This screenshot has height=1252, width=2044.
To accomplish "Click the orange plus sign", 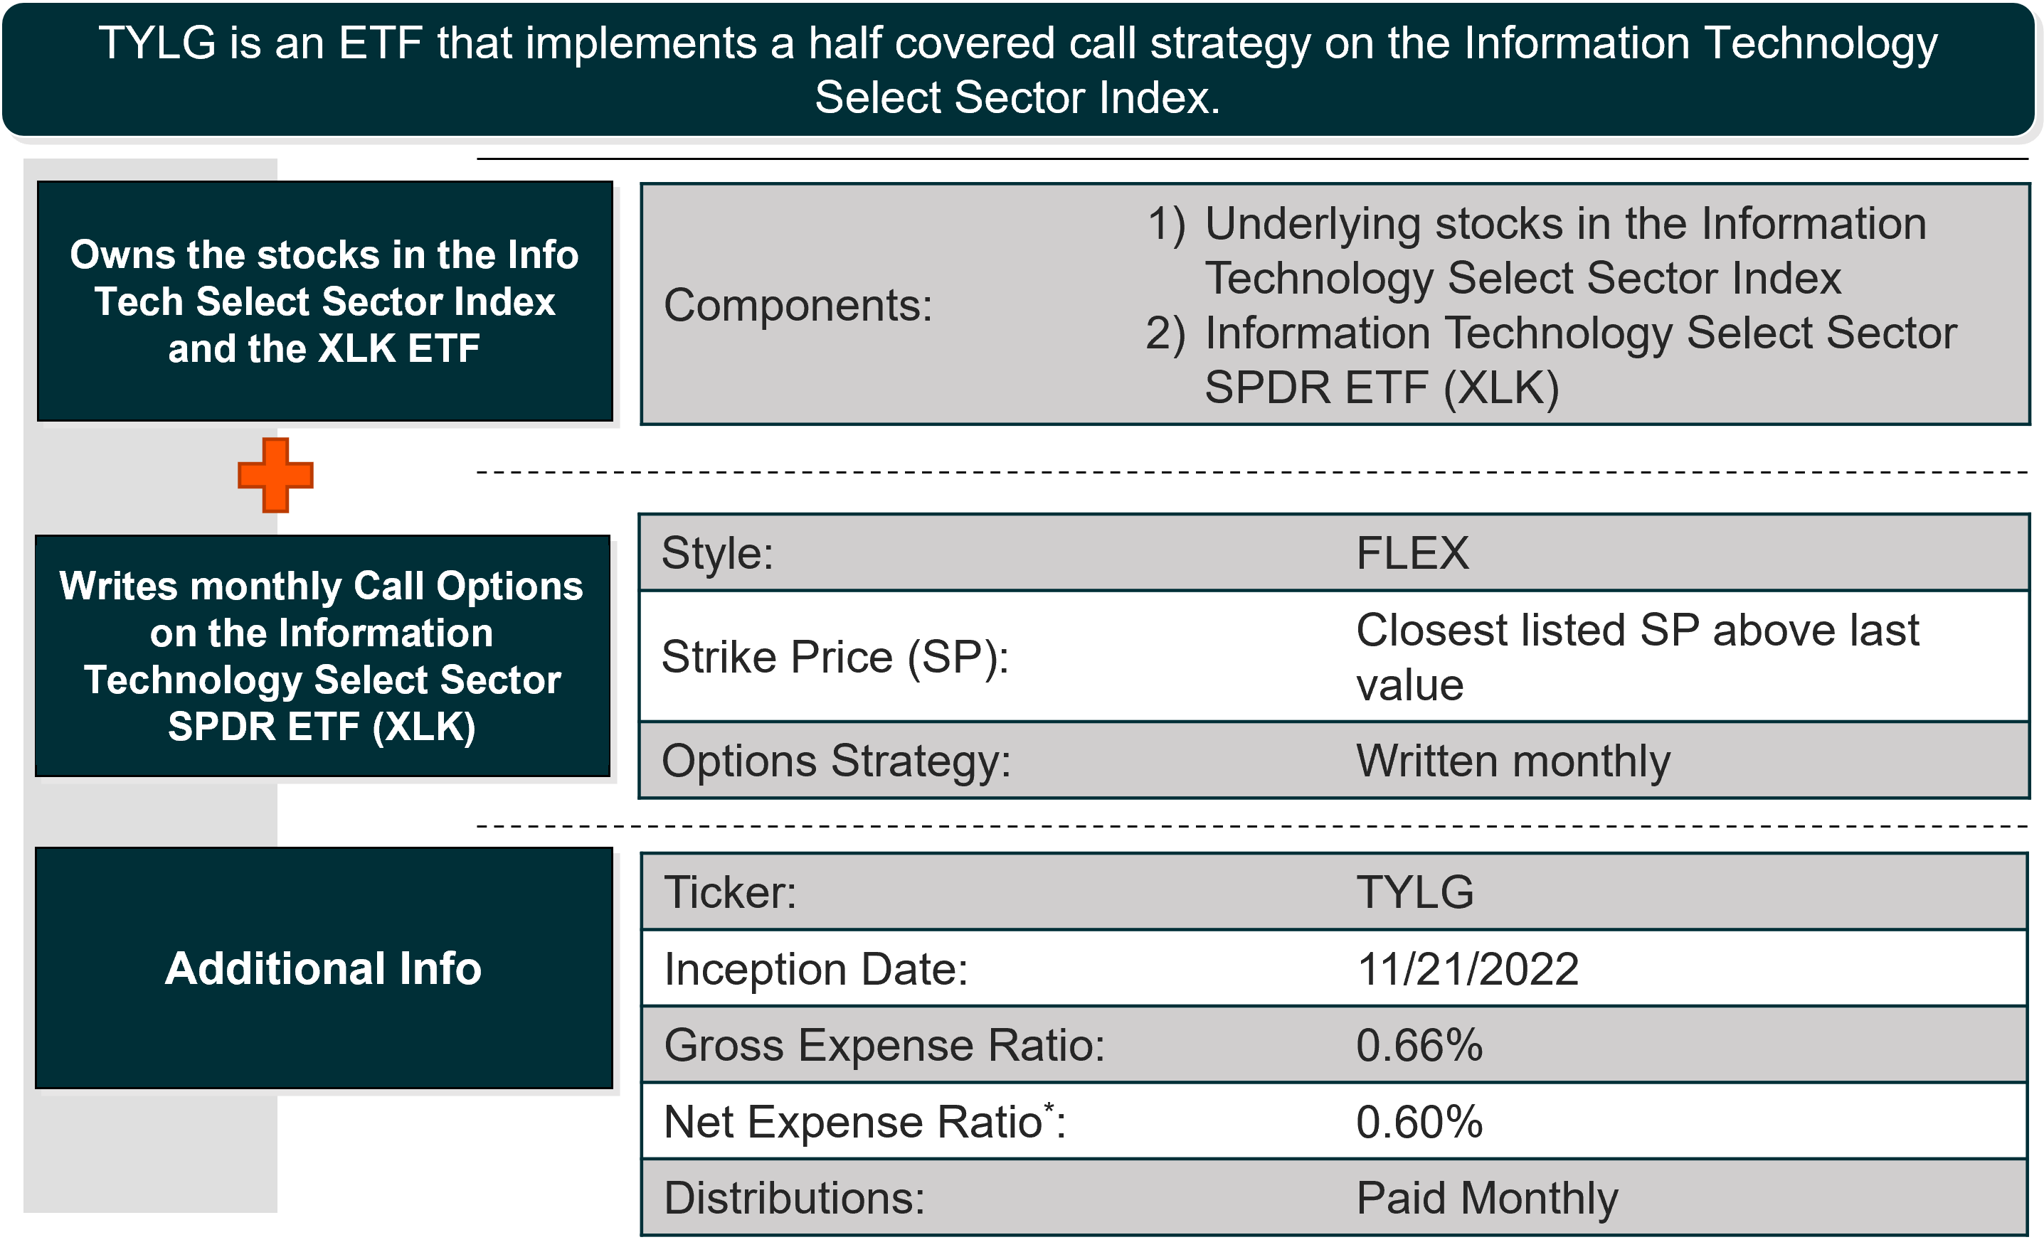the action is pyautogui.click(x=275, y=475).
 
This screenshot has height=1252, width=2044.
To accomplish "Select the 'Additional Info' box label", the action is pyautogui.click(x=324, y=968).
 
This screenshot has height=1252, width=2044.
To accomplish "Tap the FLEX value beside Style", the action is pyautogui.click(x=1412, y=553).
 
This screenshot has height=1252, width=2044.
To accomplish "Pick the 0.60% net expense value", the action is pyautogui.click(x=1419, y=1122).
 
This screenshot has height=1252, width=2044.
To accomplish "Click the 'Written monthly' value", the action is pyautogui.click(x=1513, y=762).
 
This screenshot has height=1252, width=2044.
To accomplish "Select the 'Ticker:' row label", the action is pyautogui.click(x=730, y=893).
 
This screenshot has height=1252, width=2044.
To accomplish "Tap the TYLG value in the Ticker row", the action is pyautogui.click(x=1415, y=893).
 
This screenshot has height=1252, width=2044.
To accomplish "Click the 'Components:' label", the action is pyautogui.click(x=798, y=306).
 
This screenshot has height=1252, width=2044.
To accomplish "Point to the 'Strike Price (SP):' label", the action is pyautogui.click(x=835, y=658).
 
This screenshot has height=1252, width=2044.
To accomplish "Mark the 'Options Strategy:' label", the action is pyautogui.click(x=836, y=762).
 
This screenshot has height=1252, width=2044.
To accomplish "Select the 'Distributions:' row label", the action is pyautogui.click(x=795, y=1199).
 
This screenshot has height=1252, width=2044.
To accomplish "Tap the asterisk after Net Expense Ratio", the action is pyautogui.click(x=1049, y=1107).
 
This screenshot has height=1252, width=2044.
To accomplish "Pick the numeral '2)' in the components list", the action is pyautogui.click(x=1165, y=334).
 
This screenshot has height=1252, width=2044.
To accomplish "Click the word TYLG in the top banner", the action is pyautogui.click(x=158, y=43).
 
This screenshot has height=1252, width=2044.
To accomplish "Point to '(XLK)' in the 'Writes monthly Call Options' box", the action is pyautogui.click(x=424, y=727).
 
